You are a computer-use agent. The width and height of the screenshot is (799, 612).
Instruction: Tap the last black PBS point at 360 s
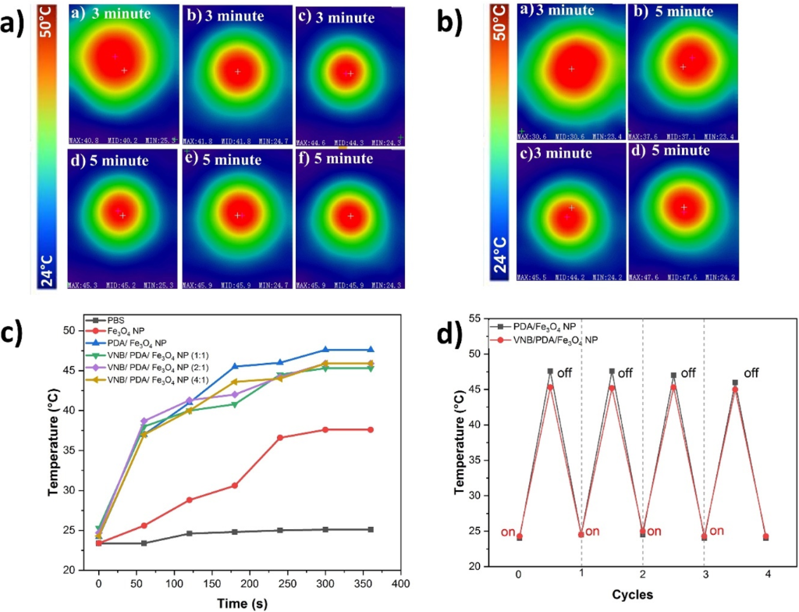pyautogui.click(x=371, y=529)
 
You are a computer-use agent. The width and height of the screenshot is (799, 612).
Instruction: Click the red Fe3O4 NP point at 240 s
pyautogui.click(x=279, y=437)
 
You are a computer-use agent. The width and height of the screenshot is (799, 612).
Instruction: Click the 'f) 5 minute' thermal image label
pyautogui.click(x=336, y=158)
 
